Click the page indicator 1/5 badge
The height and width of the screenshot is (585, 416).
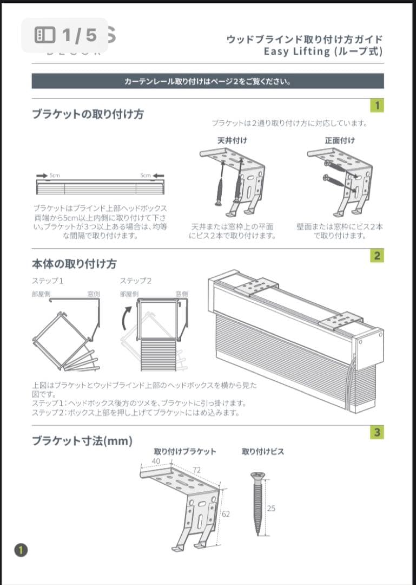65,35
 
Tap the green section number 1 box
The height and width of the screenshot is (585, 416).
377,105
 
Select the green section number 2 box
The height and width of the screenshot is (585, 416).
377,256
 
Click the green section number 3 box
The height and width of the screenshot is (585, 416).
377,432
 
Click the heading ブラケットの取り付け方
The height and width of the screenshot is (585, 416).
88,114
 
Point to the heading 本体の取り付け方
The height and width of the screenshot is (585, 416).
74,264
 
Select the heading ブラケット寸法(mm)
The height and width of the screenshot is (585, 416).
82,440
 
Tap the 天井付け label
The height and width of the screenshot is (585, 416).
232,140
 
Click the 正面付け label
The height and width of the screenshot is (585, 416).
340,140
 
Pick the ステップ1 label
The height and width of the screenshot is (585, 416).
48,281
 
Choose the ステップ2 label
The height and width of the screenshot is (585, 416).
136,281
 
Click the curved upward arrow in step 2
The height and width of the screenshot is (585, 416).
126,319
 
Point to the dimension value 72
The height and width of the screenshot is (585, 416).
196,470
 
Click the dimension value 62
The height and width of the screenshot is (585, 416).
226,513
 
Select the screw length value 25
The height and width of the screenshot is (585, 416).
271,508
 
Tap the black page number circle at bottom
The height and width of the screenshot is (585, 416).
21,550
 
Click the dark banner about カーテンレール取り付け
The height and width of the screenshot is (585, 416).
208,82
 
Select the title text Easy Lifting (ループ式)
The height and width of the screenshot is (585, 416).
323,51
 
